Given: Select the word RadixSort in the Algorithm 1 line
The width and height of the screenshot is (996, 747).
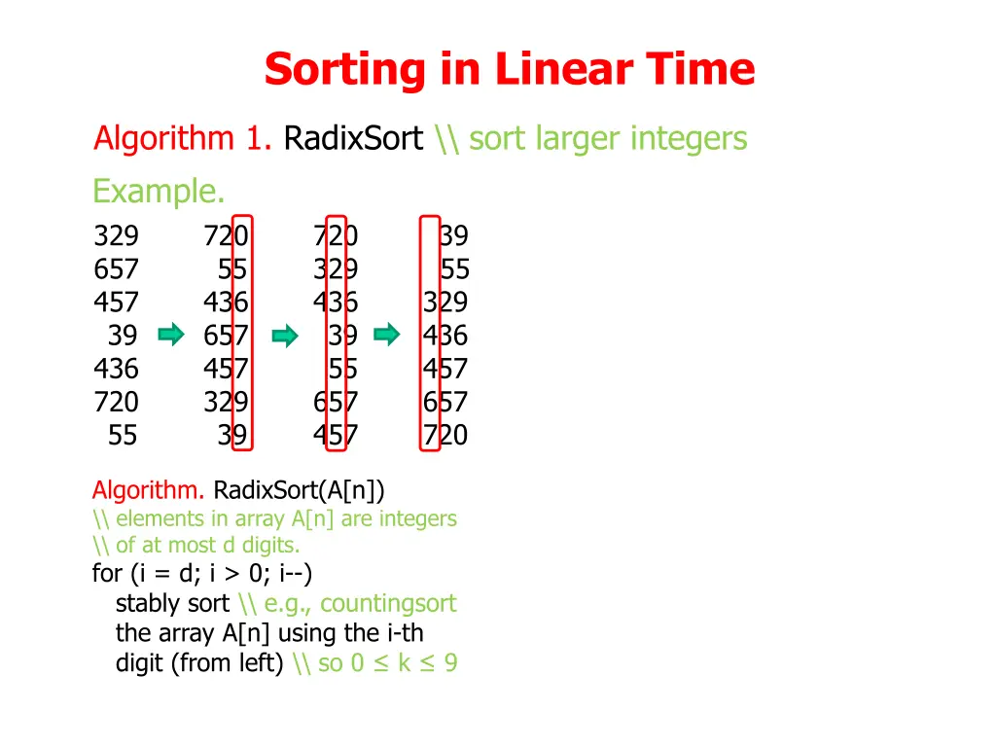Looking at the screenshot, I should click(x=353, y=139).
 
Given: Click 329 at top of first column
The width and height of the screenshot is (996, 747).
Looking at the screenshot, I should click(x=116, y=236).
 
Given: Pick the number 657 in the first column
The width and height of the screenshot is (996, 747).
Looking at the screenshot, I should click(x=116, y=269).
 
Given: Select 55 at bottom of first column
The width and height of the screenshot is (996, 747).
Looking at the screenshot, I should click(x=123, y=435).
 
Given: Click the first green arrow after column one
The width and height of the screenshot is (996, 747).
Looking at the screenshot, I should click(x=171, y=336).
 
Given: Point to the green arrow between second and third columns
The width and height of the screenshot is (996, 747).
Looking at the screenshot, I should click(x=284, y=337).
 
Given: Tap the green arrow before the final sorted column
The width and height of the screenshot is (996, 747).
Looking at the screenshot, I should click(x=387, y=336).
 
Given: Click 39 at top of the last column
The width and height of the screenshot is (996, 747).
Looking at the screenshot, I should click(x=453, y=236).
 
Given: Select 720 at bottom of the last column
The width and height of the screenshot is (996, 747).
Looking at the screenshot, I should click(x=445, y=435).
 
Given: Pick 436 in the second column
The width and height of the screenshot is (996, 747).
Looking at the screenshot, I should click(x=226, y=302).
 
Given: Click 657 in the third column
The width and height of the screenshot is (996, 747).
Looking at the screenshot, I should click(x=336, y=402).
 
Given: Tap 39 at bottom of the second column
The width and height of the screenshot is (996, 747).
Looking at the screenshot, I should click(x=232, y=435).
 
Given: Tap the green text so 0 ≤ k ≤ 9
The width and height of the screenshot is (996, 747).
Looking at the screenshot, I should click(x=388, y=663).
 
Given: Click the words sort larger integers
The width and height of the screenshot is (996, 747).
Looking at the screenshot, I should click(x=608, y=139).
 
